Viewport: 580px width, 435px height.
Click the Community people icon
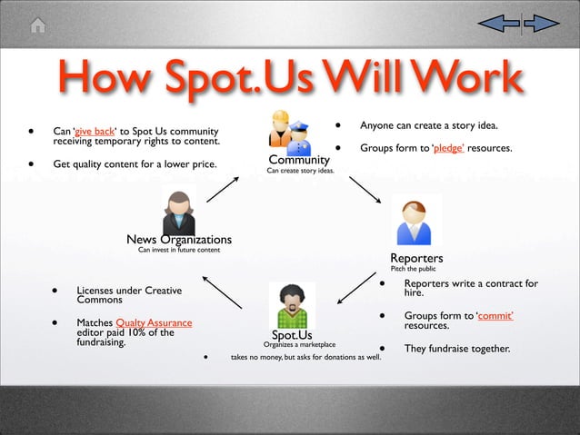tap(290, 131)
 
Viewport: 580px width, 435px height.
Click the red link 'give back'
tap(95, 131)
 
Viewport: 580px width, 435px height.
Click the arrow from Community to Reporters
tap(369, 192)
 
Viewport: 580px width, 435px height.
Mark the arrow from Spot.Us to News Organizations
tap(222, 292)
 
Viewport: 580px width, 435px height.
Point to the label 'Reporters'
tap(416, 259)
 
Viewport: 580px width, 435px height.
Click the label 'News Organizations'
tap(179, 240)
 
